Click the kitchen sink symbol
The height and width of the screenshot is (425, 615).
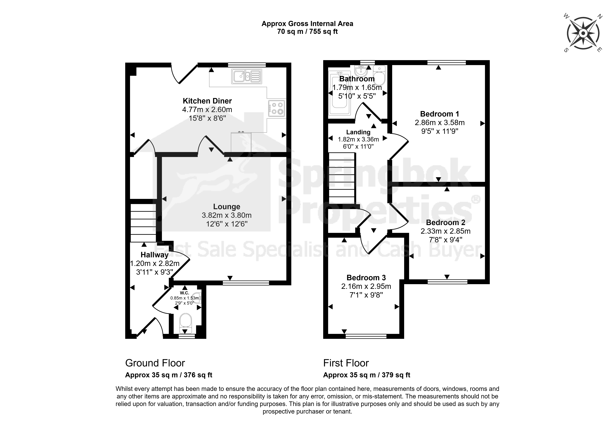click(x=247, y=76)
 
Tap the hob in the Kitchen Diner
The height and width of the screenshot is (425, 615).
click(x=276, y=108)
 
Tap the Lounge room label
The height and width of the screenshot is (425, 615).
click(x=227, y=207)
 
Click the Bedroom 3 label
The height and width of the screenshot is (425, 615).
click(x=366, y=278)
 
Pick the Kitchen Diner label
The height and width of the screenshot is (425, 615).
click(x=207, y=101)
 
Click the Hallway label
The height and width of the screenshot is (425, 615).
click(x=154, y=255)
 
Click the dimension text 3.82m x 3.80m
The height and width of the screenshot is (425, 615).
click(x=227, y=215)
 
